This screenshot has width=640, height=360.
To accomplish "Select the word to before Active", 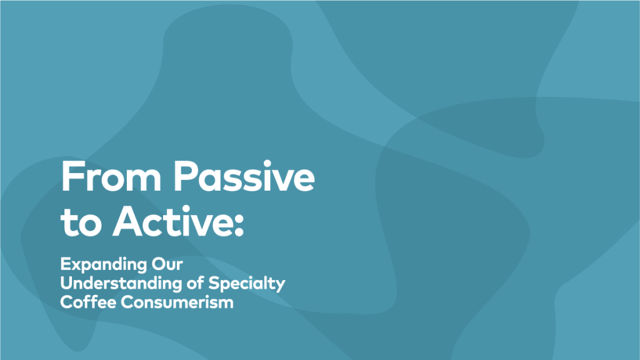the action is pyautogui.click(x=81, y=222).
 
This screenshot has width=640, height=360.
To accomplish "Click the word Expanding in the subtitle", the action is pyautogui.click(x=104, y=265).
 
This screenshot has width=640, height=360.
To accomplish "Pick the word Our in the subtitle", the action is pyautogui.click(x=167, y=264).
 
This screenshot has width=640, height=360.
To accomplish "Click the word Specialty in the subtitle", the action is pyautogui.click(x=247, y=284).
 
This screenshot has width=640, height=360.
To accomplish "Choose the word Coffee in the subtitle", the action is pyautogui.click(x=88, y=302).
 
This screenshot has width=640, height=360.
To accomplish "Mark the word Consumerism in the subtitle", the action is pyautogui.click(x=177, y=302).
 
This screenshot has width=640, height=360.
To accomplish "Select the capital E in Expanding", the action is pyautogui.click(x=65, y=264).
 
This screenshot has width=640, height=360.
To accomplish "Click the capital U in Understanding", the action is pyautogui.click(x=67, y=283).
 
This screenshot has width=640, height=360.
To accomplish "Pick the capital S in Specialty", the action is pyautogui.click(x=214, y=283).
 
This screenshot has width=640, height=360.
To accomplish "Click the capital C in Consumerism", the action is pyautogui.click(x=127, y=302).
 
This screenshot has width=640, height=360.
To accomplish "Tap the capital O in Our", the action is pyautogui.click(x=159, y=264).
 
